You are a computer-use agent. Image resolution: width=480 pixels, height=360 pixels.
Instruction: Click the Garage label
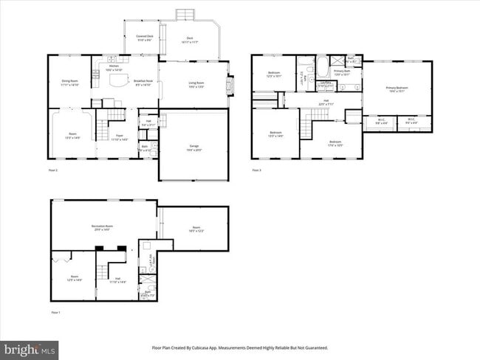pos(193,147)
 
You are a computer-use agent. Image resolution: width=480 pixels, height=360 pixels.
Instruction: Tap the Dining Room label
pos(70,82)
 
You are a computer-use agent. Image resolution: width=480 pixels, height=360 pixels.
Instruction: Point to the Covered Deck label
pos(145,37)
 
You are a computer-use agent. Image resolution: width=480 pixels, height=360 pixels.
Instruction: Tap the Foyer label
pos(119,136)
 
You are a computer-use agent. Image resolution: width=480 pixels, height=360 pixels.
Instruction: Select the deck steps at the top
pos(185,15)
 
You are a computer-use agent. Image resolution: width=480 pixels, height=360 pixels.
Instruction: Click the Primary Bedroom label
pos(397,89)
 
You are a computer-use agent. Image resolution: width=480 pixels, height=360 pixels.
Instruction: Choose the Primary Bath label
pos(342,72)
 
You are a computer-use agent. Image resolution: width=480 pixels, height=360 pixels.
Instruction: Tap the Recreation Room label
pos(102,226)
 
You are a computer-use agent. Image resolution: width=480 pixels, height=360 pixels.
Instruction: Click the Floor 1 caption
pos(55,312)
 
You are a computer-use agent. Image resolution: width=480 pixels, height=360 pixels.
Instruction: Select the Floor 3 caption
pos(256,170)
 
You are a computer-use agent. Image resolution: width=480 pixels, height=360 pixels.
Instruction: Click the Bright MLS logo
pos(30,347)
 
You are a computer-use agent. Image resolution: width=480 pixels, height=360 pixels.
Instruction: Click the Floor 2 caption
pos(52,170)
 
